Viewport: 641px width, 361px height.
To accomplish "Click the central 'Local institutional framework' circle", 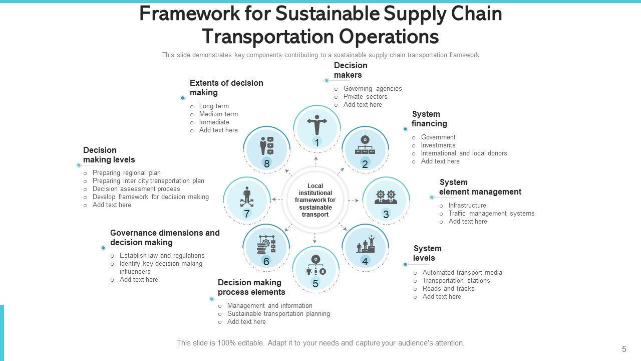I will point(315,200).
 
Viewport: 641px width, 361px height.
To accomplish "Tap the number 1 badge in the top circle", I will point(317,143).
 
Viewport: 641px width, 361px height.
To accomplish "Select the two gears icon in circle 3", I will point(386,197).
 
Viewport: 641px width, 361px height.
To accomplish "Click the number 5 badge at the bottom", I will point(315,284).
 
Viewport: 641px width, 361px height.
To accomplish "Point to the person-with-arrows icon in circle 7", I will point(246,197).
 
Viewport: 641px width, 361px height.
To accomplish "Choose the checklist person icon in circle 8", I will point(266,145).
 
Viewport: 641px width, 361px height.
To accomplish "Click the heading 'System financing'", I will point(429,119).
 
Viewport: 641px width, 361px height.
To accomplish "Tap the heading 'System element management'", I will point(480,187).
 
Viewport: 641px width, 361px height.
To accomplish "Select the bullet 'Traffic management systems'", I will point(491,214).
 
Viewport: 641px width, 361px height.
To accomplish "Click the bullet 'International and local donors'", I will point(464,153).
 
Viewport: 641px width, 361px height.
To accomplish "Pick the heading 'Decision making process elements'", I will point(251,287).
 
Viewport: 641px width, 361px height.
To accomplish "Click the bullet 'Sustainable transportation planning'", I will point(278,314).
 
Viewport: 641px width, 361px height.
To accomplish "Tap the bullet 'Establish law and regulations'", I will point(162,256).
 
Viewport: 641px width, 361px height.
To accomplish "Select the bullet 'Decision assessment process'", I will point(136,189).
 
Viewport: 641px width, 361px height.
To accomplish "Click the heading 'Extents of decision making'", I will point(226,88).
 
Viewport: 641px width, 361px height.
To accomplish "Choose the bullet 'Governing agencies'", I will point(372,89).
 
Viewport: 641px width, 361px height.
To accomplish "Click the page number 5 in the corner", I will point(624,349).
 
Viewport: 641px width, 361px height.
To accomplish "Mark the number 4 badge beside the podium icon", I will point(365,262).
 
